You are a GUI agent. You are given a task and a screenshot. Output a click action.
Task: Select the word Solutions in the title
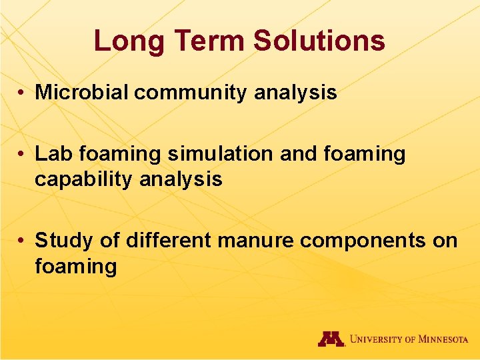click(319, 41)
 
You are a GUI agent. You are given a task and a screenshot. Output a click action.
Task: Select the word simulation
click(221, 154)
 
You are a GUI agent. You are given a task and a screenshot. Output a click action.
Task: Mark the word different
click(166, 239)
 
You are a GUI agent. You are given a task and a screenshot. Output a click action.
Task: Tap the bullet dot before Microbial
click(23, 93)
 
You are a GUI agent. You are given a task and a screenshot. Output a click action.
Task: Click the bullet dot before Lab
click(23, 155)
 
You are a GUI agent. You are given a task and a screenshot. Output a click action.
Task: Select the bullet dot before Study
click(23, 241)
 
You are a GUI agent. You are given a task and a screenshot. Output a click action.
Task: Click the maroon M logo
click(331, 339)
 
